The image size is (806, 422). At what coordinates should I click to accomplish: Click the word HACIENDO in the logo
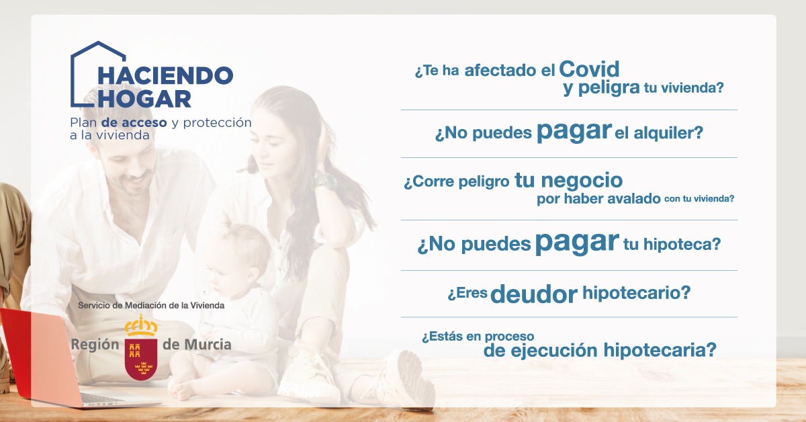(x=165, y=76)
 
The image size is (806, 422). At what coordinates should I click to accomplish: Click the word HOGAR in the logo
(x=144, y=99)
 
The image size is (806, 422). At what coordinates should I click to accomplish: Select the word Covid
(x=589, y=69)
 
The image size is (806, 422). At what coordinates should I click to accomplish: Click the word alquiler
(x=668, y=133)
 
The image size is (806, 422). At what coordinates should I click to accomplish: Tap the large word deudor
(x=534, y=294)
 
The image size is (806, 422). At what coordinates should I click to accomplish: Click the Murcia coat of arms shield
(x=141, y=359)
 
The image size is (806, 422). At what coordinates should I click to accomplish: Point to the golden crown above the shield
(x=141, y=325)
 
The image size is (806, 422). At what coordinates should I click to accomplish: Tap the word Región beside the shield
(x=95, y=345)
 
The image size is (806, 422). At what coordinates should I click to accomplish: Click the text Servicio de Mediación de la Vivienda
(x=151, y=305)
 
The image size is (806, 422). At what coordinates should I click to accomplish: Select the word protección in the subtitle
(x=218, y=123)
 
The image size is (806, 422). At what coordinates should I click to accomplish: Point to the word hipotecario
(x=637, y=293)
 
